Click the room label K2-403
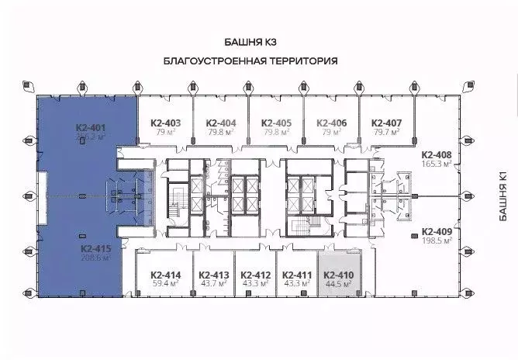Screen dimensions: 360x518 [164, 123]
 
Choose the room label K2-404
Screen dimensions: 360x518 [220, 123]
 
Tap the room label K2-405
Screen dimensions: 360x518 [276, 123]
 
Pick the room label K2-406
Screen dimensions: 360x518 [331, 123]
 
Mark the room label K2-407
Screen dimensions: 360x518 [386, 123]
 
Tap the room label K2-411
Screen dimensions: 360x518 [296, 275]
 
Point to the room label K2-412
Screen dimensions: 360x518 [255, 275]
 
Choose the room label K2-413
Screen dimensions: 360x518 [213, 275]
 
